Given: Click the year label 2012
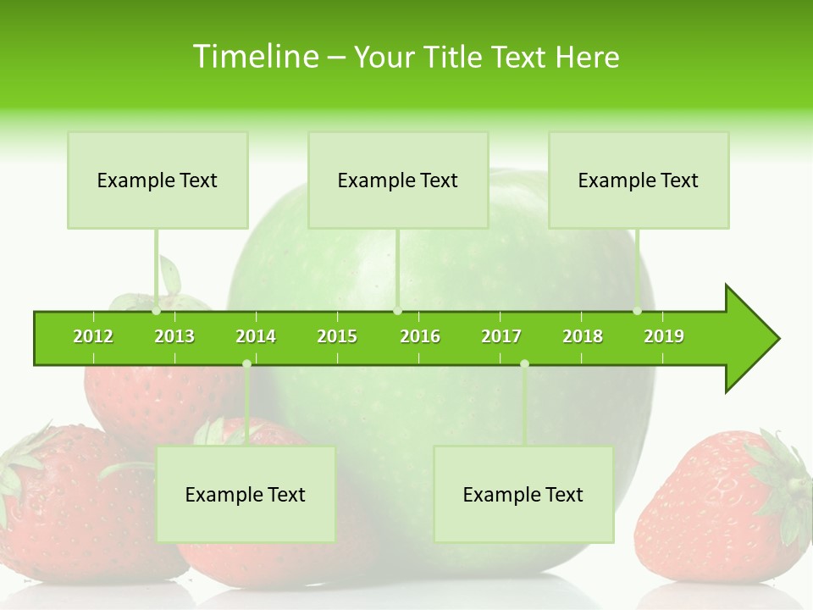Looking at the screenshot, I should [x=93, y=336].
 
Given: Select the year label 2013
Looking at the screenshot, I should [x=174, y=336].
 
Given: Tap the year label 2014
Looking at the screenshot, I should [x=256, y=336].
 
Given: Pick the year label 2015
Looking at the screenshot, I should [x=337, y=336].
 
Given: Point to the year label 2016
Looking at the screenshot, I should [x=420, y=336].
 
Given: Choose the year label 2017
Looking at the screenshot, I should [x=501, y=336].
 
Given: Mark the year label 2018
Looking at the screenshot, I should [x=583, y=336].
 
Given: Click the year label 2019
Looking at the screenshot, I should [x=664, y=336].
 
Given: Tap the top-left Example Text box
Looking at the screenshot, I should [x=158, y=180].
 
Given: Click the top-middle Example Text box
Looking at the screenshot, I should [x=398, y=180].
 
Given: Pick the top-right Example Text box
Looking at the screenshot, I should [x=639, y=180].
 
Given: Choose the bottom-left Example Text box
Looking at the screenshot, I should [x=246, y=494].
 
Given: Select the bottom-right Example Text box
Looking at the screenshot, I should [x=523, y=494].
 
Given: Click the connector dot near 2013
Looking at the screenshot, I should [x=156, y=311].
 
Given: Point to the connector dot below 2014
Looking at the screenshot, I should [x=246, y=363].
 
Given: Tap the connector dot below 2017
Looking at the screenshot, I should [x=524, y=363].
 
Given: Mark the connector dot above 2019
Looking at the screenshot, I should [x=637, y=311].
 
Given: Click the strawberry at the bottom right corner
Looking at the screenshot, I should [x=720, y=508].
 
